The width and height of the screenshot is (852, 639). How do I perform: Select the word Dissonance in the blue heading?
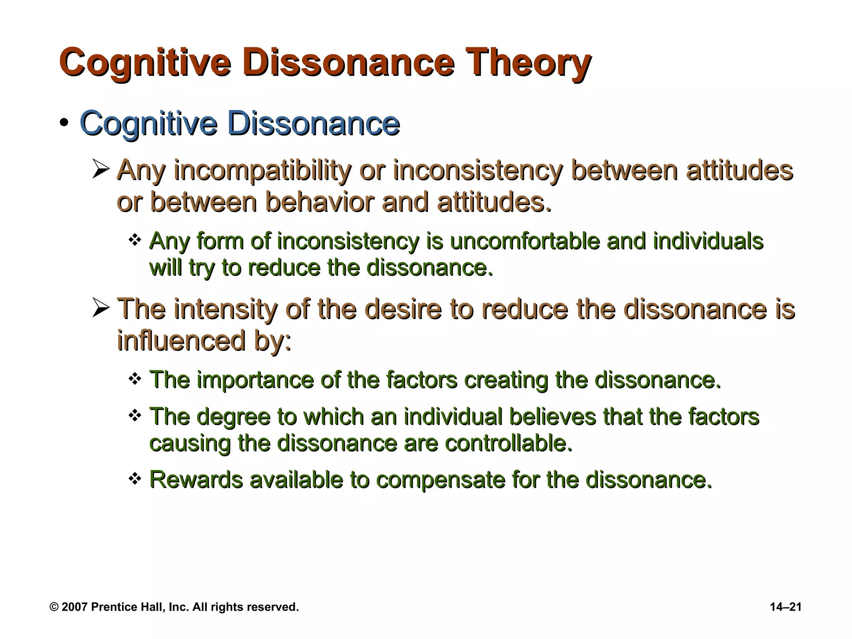(x=314, y=124)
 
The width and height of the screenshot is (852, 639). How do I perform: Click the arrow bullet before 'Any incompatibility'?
(x=101, y=170)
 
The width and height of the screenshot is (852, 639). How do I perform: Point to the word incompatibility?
(x=262, y=171)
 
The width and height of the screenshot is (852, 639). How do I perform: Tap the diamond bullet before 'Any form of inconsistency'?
(x=135, y=240)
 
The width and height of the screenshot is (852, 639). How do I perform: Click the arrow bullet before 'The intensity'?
(x=101, y=309)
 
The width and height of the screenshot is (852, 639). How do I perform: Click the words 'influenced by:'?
(x=204, y=341)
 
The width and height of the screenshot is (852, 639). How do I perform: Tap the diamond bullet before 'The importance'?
(x=135, y=379)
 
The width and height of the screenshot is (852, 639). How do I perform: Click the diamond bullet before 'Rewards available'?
(x=135, y=479)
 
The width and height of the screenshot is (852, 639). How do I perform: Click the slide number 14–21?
(x=785, y=607)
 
